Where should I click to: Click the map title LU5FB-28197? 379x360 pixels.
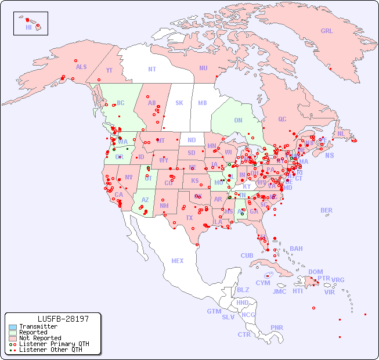click(63, 319)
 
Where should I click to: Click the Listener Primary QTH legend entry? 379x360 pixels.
click(53, 344)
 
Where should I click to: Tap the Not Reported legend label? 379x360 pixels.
click(40, 338)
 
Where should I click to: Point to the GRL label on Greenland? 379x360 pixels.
click(327, 31)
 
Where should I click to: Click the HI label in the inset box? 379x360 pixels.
click(28, 27)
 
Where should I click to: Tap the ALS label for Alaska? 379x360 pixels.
click(81, 67)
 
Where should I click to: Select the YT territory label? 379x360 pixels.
click(109, 70)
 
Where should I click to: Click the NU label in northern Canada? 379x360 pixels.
click(203, 68)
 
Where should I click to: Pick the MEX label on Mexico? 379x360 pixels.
click(178, 261)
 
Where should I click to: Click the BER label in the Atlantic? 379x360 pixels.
click(327, 210)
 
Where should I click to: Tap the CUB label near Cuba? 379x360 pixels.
click(247, 255)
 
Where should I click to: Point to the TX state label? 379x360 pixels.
click(189, 218)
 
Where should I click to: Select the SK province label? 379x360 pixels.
click(179, 103)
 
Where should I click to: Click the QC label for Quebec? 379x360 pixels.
click(282, 119)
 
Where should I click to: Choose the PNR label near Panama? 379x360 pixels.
click(277, 327)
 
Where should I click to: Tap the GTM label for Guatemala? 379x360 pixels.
click(214, 311)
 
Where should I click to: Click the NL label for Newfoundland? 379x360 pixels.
click(341, 133)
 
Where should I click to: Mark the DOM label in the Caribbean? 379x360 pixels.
click(315, 272)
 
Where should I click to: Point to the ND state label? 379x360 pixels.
click(192, 141)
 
